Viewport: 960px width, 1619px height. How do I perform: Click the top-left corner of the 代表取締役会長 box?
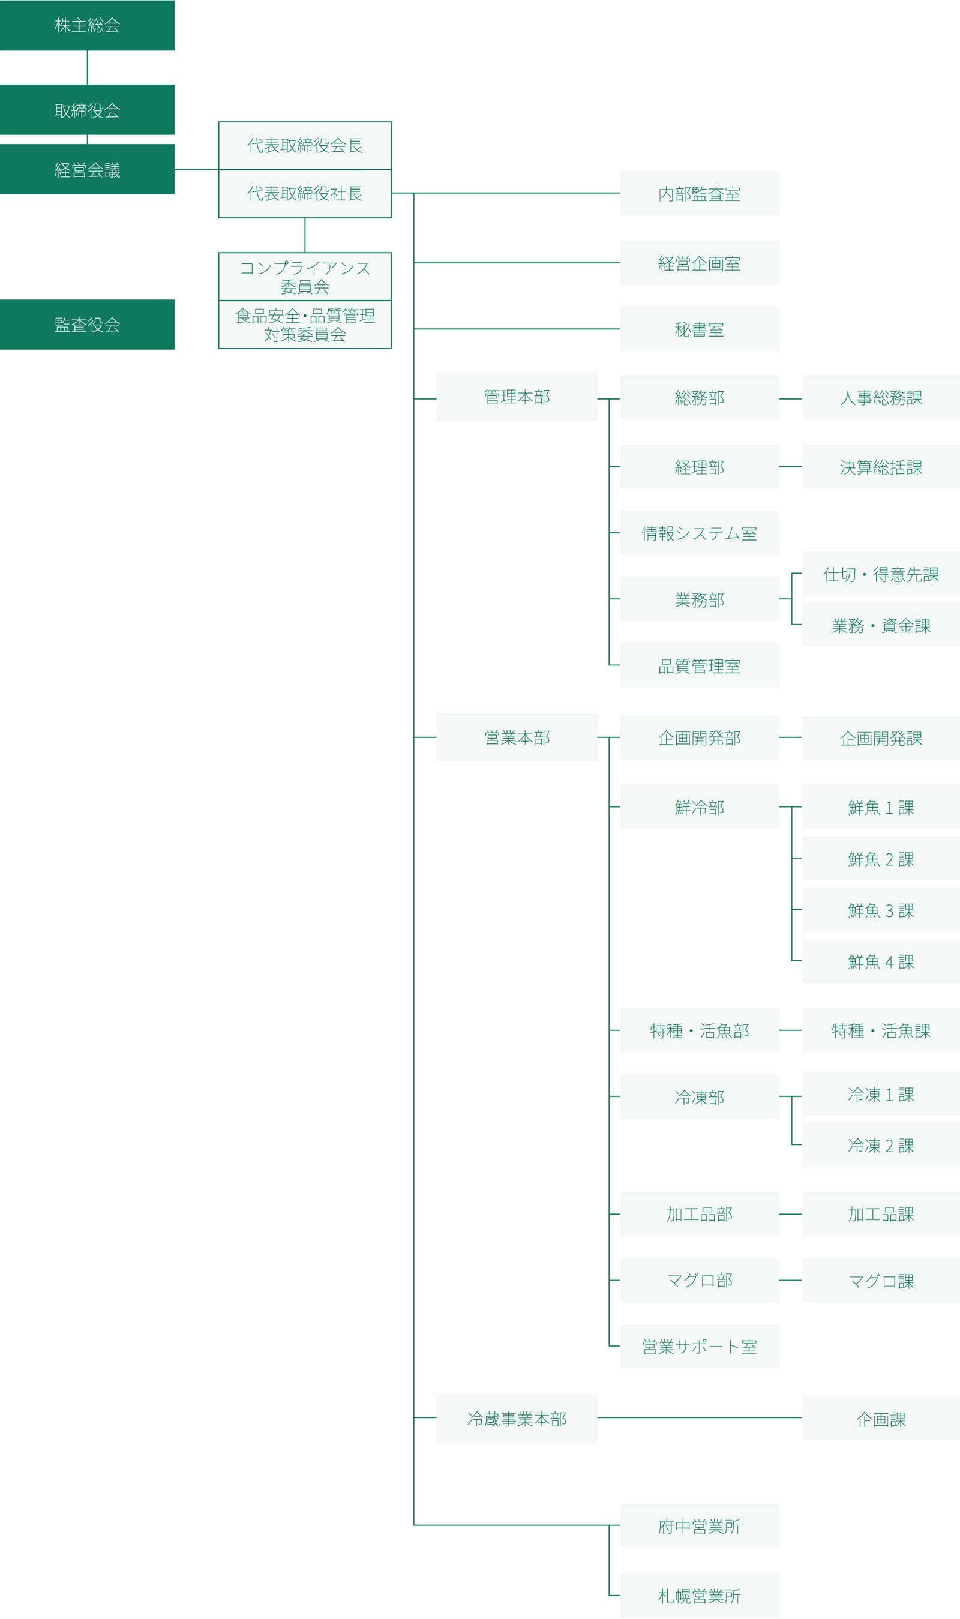pyautogui.click(x=218, y=122)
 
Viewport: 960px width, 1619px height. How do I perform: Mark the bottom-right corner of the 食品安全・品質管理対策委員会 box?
pyautogui.click(x=391, y=349)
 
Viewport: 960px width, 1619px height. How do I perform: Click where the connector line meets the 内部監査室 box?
pyautogui.click(x=620, y=193)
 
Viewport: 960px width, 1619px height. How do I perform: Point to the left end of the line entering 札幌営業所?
pyautogui.click(x=609, y=1596)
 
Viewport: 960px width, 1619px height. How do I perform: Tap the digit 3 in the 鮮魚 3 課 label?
pyautogui.click(x=889, y=911)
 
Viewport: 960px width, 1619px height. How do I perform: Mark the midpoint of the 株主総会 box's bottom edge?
pyautogui.click(x=88, y=50)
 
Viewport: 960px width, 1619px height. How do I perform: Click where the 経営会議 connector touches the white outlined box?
pyautogui.click(x=218, y=169)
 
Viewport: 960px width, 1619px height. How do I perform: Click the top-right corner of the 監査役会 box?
pyautogui.click(x=175, y=299)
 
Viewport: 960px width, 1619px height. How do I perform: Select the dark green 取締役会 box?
pyautogui.click(x=88, y=110)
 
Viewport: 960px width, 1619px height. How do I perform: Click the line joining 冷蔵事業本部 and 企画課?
pyautogui.click(x=699, y=1417)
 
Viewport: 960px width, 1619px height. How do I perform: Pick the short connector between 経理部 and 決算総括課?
pyautogui.click(x=790, y=466)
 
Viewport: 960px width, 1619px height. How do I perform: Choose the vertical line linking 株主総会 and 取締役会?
pyautogui.click(x=88, y=67)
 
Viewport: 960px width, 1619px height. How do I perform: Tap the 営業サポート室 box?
pyautogui.click(x=699, y=1346)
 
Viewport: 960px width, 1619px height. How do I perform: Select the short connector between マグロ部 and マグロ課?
pyautogui.click(x=790, y=1280)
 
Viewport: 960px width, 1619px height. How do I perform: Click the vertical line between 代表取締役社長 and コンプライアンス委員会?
pyautogui.click(x=305, y=235)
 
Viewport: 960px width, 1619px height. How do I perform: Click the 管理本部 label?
pyautogui.click(x=517, y=397)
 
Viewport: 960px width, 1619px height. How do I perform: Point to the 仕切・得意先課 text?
pyautogui.click(x=881, y=574)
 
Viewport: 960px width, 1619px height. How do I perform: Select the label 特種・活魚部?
pyautogui.click(x=699, y=1031)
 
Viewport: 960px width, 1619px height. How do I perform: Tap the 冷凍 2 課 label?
pyautogui.click(x=881, y=1146)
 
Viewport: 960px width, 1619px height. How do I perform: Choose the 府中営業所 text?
pyautogui.click(x=699, y=1527)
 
